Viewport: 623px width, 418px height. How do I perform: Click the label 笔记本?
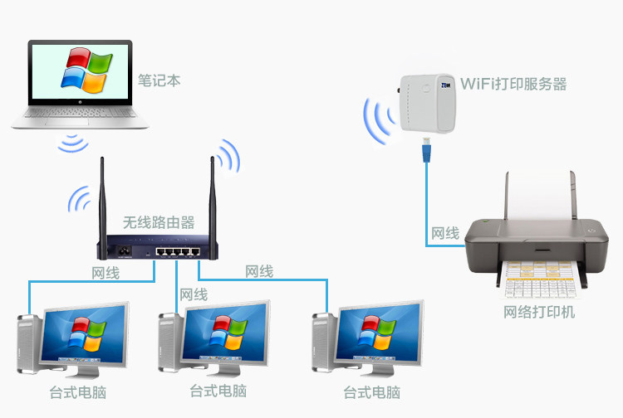pos(159,80)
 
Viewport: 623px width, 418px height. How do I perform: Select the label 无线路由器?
pos(159,222)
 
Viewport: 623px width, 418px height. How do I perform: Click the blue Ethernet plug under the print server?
pos(427,149)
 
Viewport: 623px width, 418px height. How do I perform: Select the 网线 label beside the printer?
pos(445,233)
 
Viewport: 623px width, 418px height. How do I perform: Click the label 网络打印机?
pos(539,312)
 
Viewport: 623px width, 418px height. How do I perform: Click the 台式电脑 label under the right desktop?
pos(372,392)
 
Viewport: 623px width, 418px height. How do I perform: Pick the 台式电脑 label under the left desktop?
pos(78,392)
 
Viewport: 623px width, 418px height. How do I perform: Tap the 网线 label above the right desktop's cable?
pos(259,271)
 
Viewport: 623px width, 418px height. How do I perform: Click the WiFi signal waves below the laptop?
pos(73,143)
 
